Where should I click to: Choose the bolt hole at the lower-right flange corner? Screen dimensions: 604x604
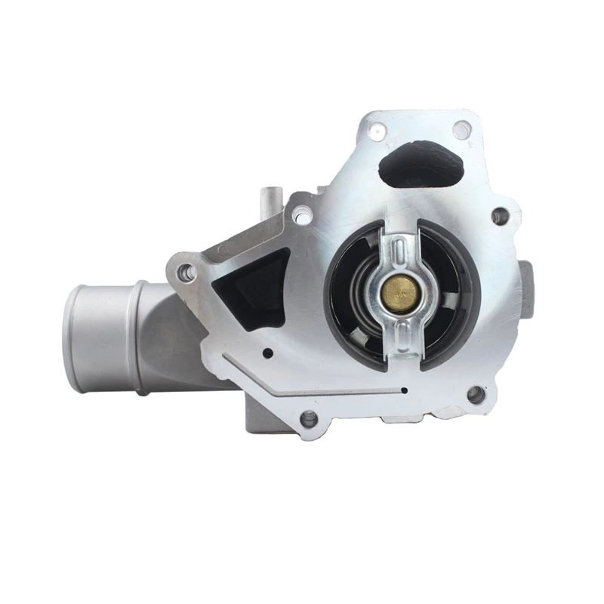coord(475,393)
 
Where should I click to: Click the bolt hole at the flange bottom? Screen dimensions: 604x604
coord(308,418)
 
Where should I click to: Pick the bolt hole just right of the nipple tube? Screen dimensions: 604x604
coord(303,216)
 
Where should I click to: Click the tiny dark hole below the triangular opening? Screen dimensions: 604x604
coord(267,352)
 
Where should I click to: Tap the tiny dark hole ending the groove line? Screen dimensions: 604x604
coord(405,390)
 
